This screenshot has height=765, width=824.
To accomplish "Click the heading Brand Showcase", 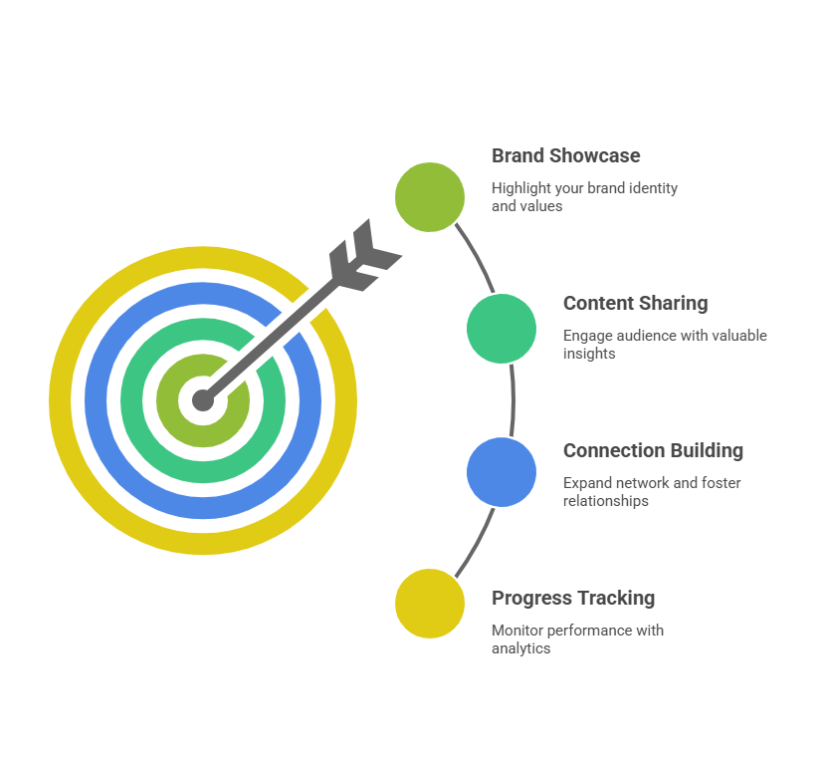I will coord(565,156).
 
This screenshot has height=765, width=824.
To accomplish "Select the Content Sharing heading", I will coord(635,304).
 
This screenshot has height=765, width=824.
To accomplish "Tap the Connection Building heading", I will coord(653,451).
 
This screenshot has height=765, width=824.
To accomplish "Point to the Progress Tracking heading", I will coord(573,599).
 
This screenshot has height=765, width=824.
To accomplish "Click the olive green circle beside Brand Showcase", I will coord(430,197).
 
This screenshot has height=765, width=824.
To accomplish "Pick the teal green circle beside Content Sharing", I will coord(502,329).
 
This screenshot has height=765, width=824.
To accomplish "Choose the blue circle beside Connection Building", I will coord(502,472).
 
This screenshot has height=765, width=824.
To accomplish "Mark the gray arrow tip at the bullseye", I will coord(203,401).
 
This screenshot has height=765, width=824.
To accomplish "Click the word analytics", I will coord(520,648).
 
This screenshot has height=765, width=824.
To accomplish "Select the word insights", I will coord(588,354).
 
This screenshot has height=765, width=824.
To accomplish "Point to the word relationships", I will coord(605,501).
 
